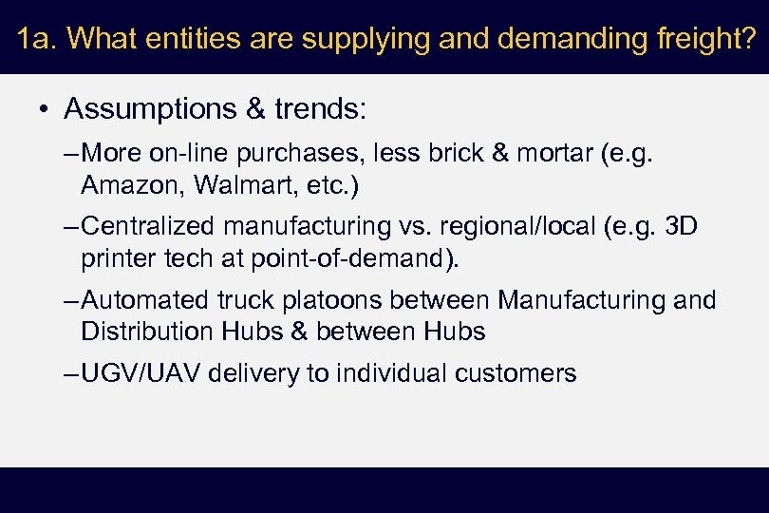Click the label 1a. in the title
(39, 39)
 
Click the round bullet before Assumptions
(45, 110)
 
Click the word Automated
(144, 300)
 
